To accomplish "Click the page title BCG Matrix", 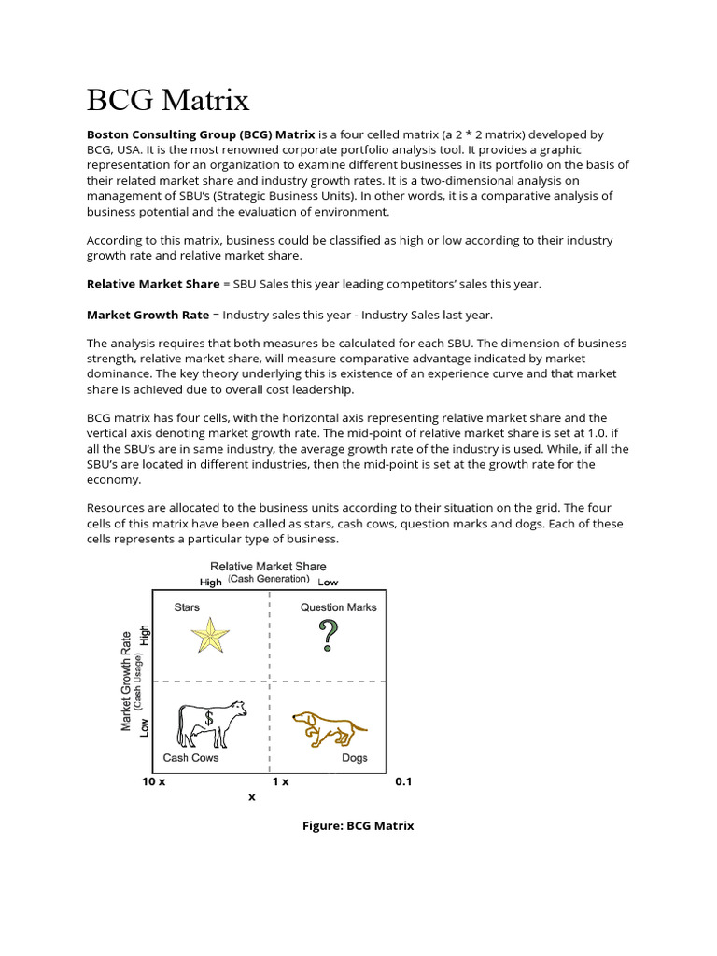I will [168, 99].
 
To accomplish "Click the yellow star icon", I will [210, 637].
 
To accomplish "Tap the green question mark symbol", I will [328, 636].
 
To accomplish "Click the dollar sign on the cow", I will [209, 718].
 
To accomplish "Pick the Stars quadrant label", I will [187, 607].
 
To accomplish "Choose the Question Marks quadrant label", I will [338, 607].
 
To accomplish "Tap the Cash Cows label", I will [190, 757].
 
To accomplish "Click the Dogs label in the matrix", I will [354, 757].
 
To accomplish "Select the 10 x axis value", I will [154, 781].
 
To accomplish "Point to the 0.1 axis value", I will [403, 781].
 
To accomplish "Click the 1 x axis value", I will [280, 781].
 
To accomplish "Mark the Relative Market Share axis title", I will [268, 566].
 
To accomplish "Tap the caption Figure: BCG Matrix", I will [358, 825].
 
